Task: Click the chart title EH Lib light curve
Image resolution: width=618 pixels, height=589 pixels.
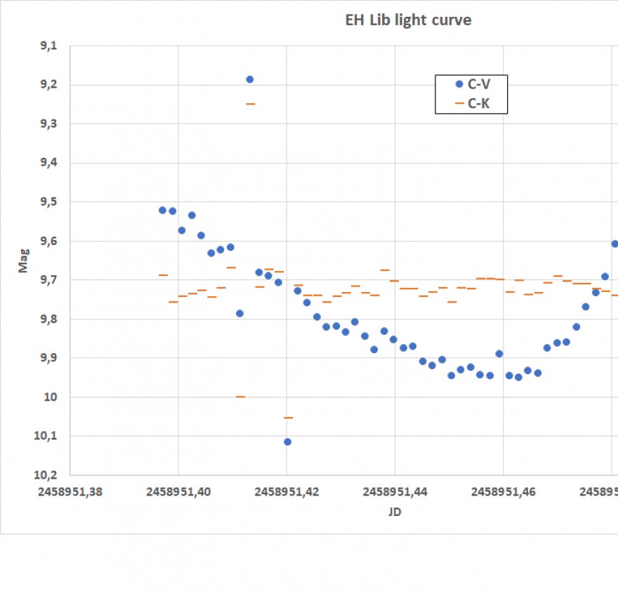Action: [x=408, y=20]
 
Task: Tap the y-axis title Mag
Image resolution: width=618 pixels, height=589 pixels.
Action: [x=24, y=260]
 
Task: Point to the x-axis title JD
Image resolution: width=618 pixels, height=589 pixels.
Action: [x=395, y=512]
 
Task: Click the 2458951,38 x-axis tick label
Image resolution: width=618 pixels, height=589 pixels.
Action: [x=70, y=492]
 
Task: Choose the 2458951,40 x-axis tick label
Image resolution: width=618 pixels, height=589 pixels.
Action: [x=178, y=492]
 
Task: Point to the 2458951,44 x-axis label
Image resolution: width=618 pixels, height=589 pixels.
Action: [x=395, y=492]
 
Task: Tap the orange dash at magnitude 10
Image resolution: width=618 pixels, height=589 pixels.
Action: [x=240, y=397]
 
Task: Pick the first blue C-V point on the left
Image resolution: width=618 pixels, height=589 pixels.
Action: [x=162, y=210]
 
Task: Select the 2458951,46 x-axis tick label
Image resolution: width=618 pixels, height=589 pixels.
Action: [x=503, y=492]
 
